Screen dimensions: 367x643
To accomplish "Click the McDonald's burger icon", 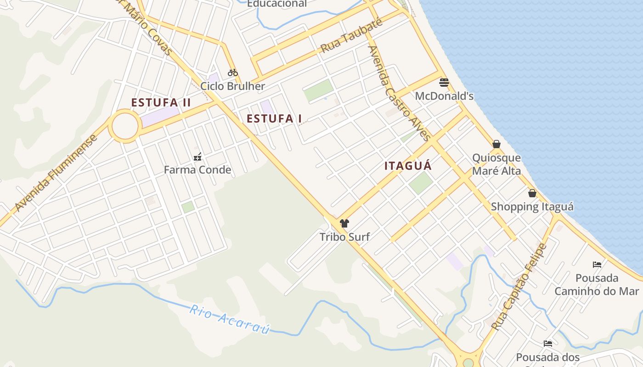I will click(x=444, y=83).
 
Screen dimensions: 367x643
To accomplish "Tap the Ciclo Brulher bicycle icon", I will click(x=233, y=72).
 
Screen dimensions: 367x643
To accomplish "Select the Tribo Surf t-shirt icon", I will click(x=344, y=223).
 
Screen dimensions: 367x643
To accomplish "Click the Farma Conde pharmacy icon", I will click(x=197, y=157).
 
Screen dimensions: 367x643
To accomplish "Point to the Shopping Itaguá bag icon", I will click(x=532, y=193).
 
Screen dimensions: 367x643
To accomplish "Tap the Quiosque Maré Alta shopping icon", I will click(x=496, y=144).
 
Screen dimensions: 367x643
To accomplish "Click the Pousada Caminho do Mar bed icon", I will click(x=597, y=265).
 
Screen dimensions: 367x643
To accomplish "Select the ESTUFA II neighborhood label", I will click(x=161, y=102).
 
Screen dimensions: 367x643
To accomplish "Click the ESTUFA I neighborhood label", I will click(x=274, y=119).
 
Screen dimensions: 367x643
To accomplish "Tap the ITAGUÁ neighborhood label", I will click(x=408, y=166).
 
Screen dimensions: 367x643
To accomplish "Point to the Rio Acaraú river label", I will click(x=230, y=320).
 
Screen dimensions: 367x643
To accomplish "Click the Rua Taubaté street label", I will click(x=351, y=36).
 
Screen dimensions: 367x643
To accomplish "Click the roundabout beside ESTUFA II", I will click(x=125, y=126).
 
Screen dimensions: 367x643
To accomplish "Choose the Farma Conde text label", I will click(x=197, y=170).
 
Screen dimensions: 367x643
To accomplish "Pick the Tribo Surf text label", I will click(x=344, y=237).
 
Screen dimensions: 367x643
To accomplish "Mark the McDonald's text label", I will click(x=444, y=96).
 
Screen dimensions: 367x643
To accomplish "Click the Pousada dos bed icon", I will click(x=548, y=344).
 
